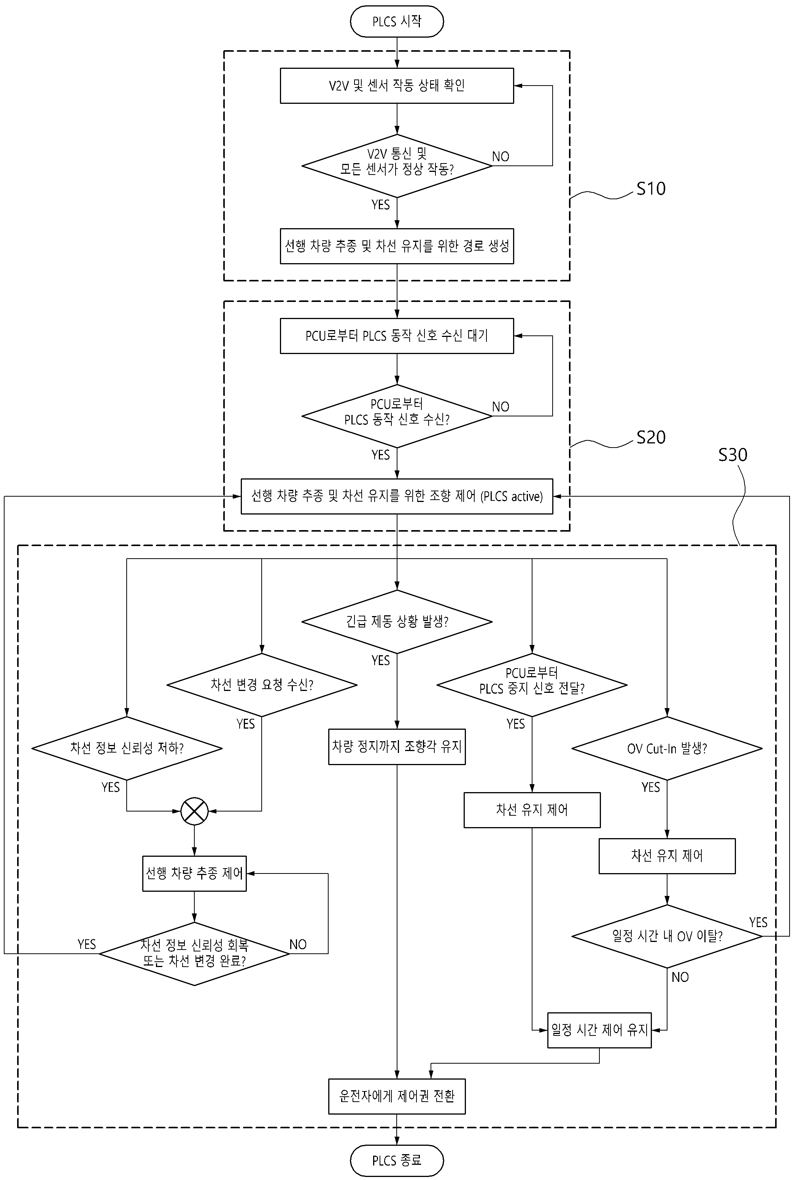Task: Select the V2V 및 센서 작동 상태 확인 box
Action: tap(397, 86)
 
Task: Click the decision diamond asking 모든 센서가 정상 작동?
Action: tap(397, 166)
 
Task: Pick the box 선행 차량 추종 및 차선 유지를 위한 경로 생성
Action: tap(397, 246)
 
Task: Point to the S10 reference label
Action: tap(651, 189)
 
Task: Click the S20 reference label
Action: tap(651, 437)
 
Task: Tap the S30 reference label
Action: tap(733, 455)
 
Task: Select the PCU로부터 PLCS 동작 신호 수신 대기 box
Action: tap(397, 336)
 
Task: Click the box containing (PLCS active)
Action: tap(397, 497)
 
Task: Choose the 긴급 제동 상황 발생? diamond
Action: tap(397, 622)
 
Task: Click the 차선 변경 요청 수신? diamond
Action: tap(262, 685)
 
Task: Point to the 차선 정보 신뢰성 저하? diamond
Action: tap(127, 748)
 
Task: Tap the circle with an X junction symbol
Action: tap(195, 812)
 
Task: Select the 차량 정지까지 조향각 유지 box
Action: tap(397, 747)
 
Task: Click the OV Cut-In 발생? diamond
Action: tap(667, 748)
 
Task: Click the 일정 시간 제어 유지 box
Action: tap(599, 1030)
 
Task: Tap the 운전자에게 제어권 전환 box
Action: tap(397, 1096)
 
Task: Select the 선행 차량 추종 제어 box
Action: tap(195, 873)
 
